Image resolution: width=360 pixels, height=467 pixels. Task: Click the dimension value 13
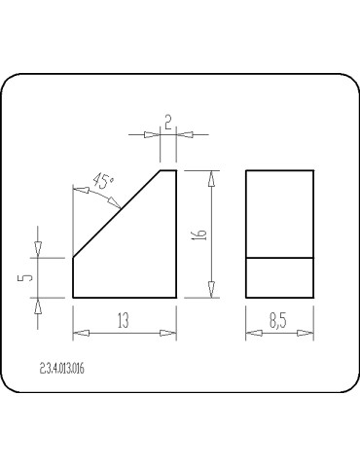[124, 320]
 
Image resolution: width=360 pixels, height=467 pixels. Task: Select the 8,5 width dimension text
[278, 321]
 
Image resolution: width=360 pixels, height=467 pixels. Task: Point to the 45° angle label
[103, 181]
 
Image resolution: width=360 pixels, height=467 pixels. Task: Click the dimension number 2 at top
[168, 124]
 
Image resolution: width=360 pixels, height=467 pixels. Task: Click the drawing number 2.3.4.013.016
[62, 369]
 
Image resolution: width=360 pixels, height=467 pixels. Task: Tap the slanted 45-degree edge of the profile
[117, 214]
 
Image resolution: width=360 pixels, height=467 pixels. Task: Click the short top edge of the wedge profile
[168, 170]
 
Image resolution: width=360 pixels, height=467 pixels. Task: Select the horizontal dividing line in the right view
[279, 258]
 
